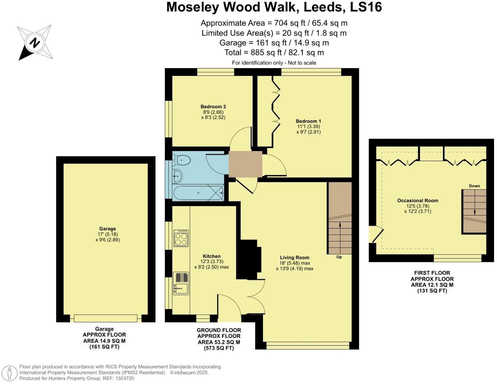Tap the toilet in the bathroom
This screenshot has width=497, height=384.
182,160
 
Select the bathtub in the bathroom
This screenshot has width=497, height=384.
198,193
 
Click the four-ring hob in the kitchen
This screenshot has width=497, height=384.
181,238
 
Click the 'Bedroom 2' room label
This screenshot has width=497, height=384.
213,106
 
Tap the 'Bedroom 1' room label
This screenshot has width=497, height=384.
308,121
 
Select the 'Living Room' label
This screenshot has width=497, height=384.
294,257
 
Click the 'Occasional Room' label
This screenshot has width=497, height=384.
418,201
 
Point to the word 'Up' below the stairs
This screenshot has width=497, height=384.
339,257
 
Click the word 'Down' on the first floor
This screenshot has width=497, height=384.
474,186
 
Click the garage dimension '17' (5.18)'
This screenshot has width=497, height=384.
108,234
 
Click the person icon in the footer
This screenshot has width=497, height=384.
9,373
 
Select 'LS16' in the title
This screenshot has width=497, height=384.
366,7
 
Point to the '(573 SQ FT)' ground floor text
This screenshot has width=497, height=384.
219,348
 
